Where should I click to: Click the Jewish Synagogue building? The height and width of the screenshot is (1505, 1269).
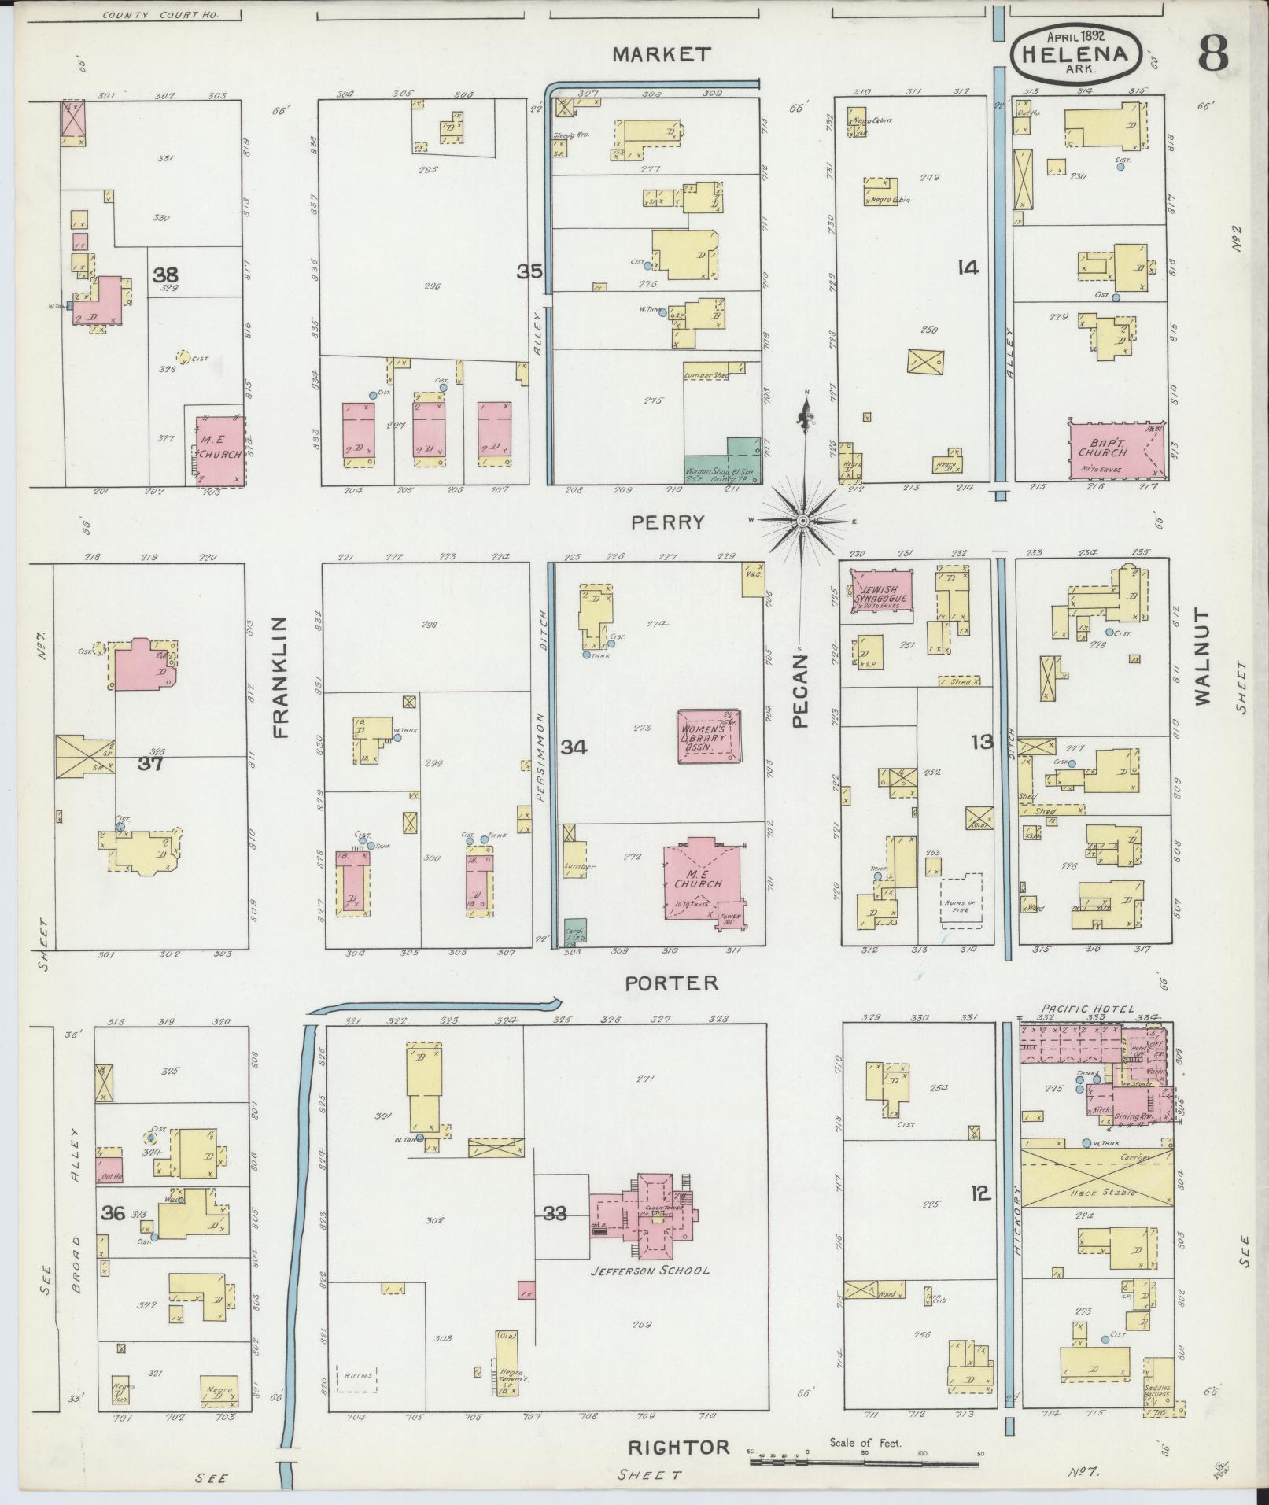[x=882, y=597]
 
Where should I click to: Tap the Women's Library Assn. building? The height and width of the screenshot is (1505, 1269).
[x=708, y=736]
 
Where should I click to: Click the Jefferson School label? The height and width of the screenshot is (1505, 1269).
[x=651, y=1270]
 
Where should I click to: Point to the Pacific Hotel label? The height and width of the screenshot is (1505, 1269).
[x=1088, y=1009]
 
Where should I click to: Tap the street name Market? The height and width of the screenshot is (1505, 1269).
[x=662, y=53]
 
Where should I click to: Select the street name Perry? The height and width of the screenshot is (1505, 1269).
[x=666, y=522]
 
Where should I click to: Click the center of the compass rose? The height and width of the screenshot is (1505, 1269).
[x=802, y=521]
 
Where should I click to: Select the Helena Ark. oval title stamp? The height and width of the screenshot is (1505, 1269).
[x=1075, y=55]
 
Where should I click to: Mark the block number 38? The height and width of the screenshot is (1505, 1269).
[x=165, y=275]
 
